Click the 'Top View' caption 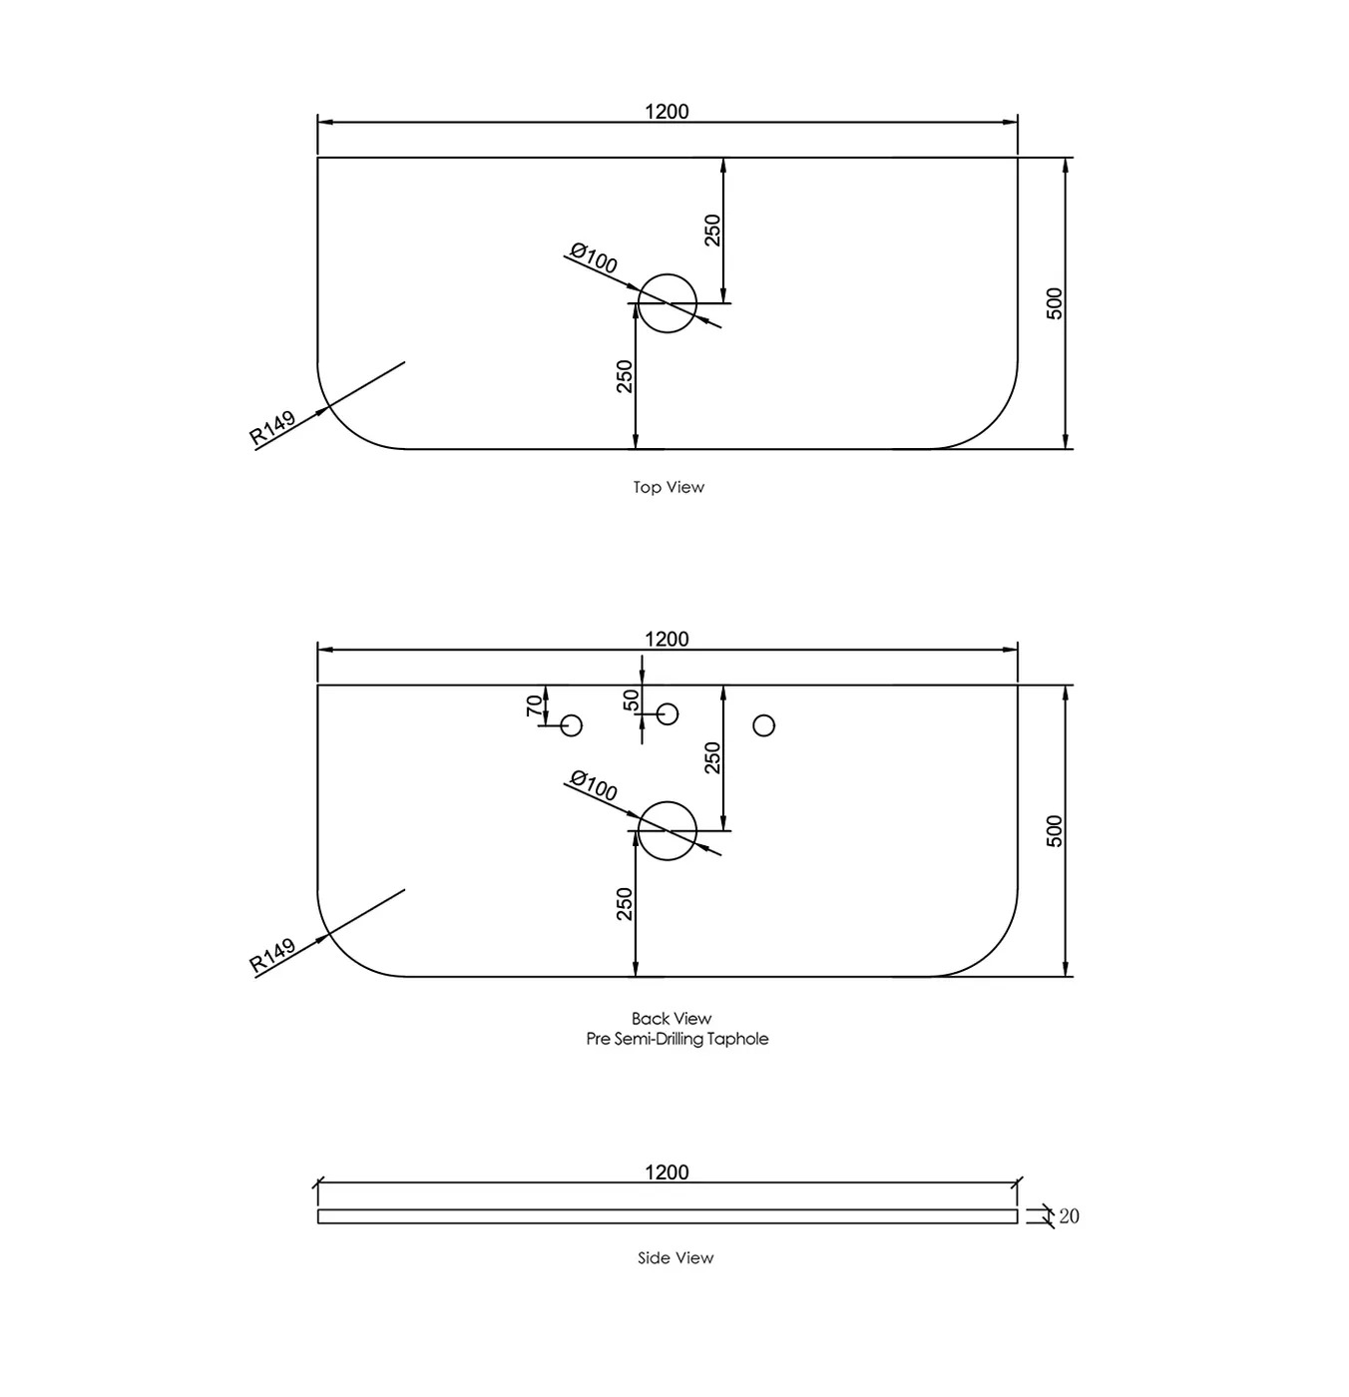[x=669, y=487]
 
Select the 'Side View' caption [x=675, y=1257]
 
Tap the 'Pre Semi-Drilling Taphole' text [x=676, y=1039]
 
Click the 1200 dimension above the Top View [x=667, y=111]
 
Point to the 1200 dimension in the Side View [x=667, y=1171]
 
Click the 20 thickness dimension [x=1069, y=1215]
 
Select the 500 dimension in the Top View [x=1055, y=303]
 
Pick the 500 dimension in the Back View [x=1055, y=831]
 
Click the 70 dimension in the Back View [x=535, y=705]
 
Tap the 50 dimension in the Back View [x=631, y=700]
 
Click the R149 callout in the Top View [x=272, y=427]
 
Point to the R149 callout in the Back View [x=272, y=955]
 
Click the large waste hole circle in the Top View [x=667, y=303]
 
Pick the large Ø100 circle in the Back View [x=667, y=830]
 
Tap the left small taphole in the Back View [x=572, y=725]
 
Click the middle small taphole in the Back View [x=668, y=713]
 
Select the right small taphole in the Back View [x=763, y=725]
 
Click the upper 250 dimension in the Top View [x=712, y=231]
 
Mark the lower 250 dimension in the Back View [x=625, y=904]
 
